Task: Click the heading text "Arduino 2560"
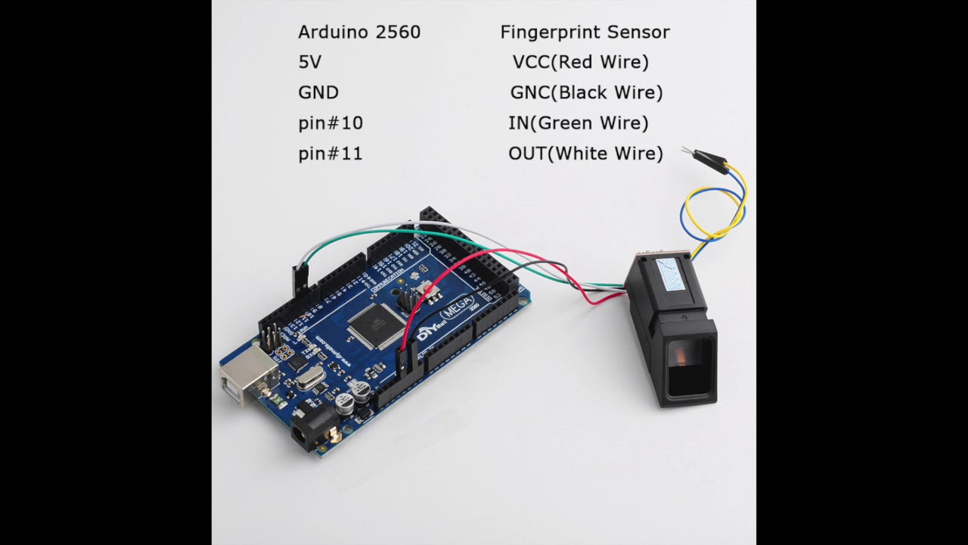point(359,33)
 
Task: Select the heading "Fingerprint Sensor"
point(585,33)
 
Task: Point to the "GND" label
point(318,93)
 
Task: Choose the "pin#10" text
point(330,123)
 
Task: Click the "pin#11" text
point(330,154)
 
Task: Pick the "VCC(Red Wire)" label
point(580,63)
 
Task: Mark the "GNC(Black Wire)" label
point(586,93)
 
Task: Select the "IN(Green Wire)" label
point(579,123)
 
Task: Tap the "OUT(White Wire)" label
point(585,154)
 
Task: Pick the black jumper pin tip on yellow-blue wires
point(709,159)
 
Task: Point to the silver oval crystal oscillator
point(310,378)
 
